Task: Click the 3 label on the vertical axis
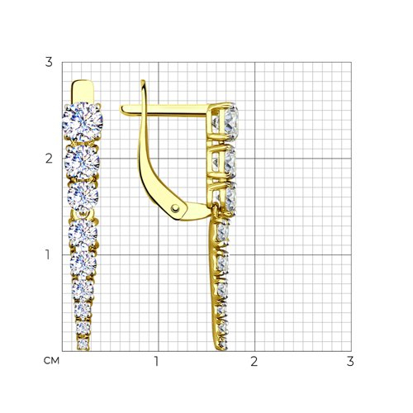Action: (49, 62)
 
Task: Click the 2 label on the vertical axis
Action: (49, 159)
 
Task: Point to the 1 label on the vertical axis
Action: (48, 254)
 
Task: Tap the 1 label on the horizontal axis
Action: (156, 361)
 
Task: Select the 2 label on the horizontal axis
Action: (254, 361)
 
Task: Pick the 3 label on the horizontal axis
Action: (350, 361)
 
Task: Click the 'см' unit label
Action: (51, 361)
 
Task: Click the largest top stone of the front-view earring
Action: (83, 122)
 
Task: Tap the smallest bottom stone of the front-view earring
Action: (83, 344)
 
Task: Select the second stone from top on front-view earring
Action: (82, 162)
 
